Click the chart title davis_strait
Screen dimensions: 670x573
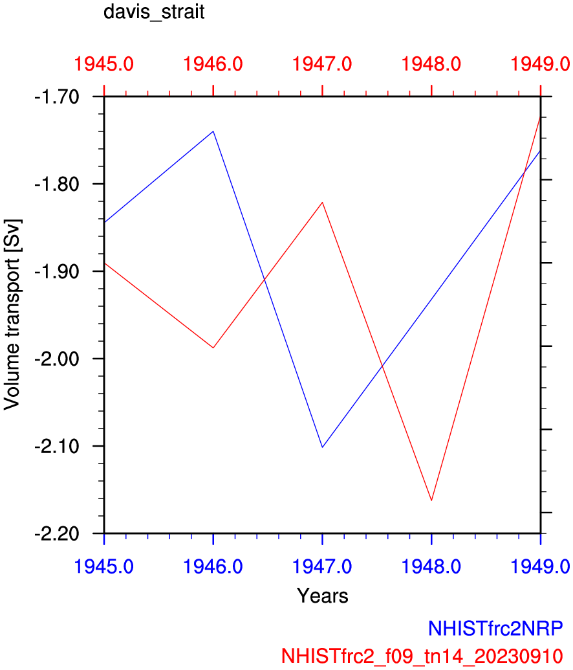[154, 12]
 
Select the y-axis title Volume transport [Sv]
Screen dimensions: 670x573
[12, 315]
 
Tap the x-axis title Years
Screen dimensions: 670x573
[323, 596]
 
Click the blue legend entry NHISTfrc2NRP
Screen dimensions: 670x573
[495, 628]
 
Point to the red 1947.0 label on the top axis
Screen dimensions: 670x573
[322, 64]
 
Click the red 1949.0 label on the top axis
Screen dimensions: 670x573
[540, 64]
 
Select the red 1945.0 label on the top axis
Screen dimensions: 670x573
[104, 64]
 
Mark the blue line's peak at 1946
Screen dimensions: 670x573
[213, 131]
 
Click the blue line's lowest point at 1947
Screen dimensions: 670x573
[322, 447]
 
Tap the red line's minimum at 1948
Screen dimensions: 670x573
[431, 500]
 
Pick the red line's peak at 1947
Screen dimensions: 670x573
[322, 203]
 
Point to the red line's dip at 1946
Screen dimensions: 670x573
[213, 348]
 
